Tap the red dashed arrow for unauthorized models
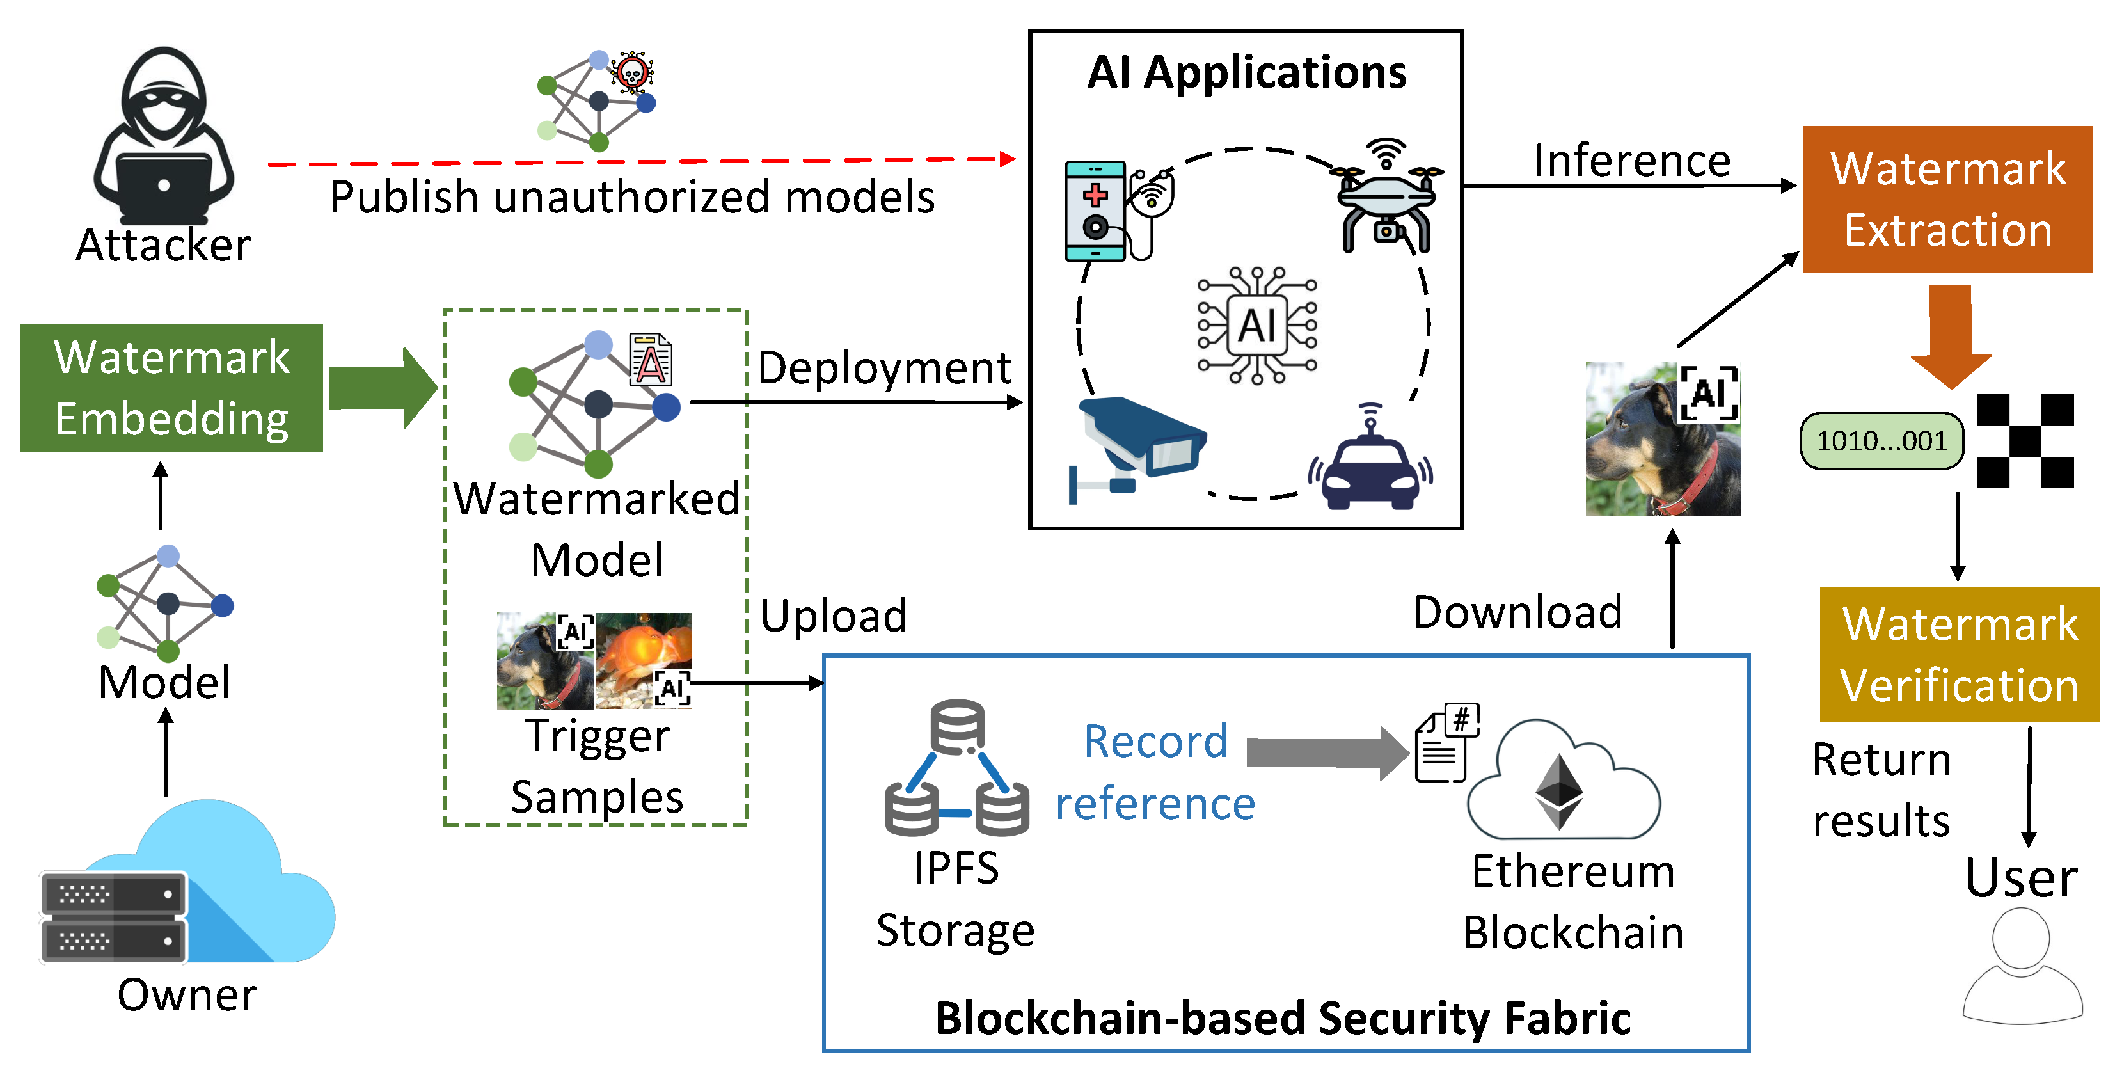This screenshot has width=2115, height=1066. pyautogui.click(x=640, y=162)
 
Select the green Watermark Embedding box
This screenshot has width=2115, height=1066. pyautogui.click(x=171, y=388)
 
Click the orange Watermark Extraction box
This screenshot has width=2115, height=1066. pyautogui.click(x=1947, y=200)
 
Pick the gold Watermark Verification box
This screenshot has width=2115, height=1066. pyautogui.click(x=1958, y=655)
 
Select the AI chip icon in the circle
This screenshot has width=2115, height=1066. pyautogui.click(x=1256, y=325)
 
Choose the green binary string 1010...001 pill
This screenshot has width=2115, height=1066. pyautogui.click(x=1881, y=441)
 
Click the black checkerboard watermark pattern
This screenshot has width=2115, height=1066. pyautogui.click(x=2025, y=441)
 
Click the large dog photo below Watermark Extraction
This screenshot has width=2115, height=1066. pyautogui.click(x=1662, y=440)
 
